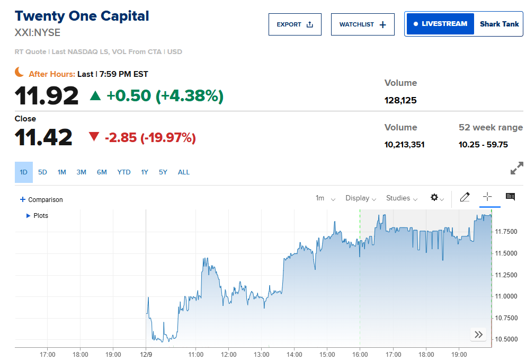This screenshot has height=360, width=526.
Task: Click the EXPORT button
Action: (x=295, y=24)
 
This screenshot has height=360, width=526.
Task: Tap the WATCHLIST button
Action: (x=362, y=24)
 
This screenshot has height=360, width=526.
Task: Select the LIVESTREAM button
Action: (x=440, y=24)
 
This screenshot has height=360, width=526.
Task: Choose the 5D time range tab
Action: (x=42, y=172)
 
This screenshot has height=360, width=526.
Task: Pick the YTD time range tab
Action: (x=124, y=172)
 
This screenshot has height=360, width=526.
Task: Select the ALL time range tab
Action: (x=183, y=172)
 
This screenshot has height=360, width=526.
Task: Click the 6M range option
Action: (x=102, y=172)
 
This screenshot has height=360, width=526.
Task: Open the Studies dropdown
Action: (x=402, y=198)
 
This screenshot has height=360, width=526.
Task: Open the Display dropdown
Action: (x=360, y=198)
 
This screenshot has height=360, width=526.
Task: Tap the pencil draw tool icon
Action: (x=465, y=197)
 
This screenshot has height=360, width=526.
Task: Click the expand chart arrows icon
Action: (x=516, y=169)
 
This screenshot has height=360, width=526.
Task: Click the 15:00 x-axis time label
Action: (x=327, y=355)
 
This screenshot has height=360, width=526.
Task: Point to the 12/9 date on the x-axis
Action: (x=146, y=355)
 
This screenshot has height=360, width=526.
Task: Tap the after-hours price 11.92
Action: (x=47, y=96)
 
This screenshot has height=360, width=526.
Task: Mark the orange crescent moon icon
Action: (x=20, y=72)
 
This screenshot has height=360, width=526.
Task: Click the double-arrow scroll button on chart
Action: (x=478, y=335)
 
